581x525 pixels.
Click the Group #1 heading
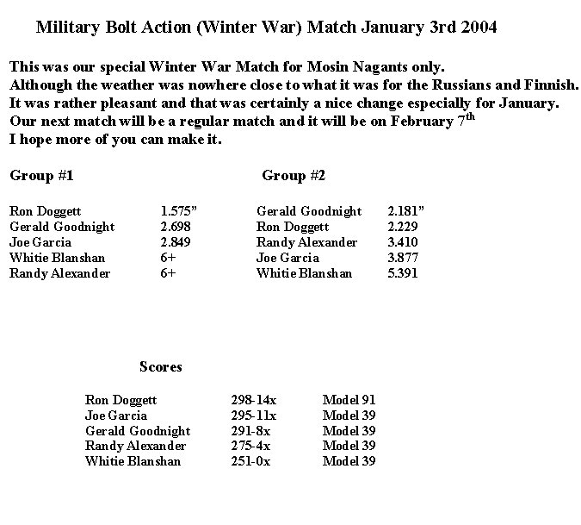point(41,176)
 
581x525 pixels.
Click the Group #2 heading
point(294,176)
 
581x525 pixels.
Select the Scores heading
point(161,366)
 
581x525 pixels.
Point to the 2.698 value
point(176,227)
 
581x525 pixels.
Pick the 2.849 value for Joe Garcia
point(176,242)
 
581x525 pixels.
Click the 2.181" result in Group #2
point(406,210)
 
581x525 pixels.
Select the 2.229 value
point(403,227)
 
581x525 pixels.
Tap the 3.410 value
point(403,242)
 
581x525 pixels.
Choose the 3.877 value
point(403,258)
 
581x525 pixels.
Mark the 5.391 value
point(403,273)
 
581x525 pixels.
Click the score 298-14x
point(254,400)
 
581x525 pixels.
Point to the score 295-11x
point(254,416)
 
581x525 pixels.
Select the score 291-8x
point(251,431)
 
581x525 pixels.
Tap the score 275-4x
point(251,446)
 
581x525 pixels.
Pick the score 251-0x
point(251,461)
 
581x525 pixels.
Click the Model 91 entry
point(349,400)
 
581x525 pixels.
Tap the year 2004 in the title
point(478,28)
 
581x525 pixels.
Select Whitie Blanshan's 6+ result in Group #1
point(168,258)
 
